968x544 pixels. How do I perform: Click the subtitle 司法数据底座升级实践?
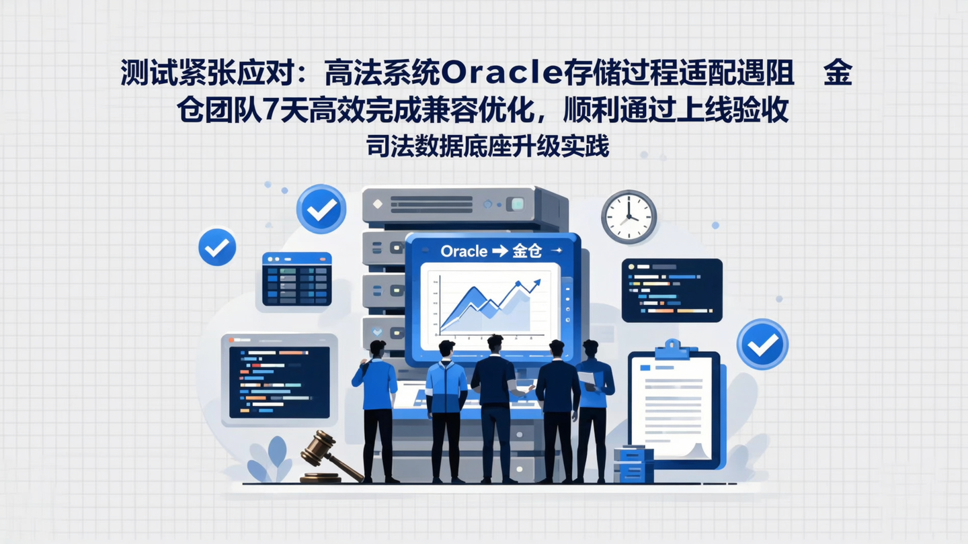click(x=487, y=146)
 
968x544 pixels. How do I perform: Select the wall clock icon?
click(x=629, y=217)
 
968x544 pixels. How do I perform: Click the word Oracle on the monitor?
click(x=464, y=251)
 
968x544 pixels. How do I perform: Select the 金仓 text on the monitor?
click(x=526, y=251)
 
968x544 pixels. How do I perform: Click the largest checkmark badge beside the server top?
click(x=321, y=210)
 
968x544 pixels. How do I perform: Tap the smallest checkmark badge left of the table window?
click(x=217, y=247)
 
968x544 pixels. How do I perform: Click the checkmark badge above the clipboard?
click(x=762, y=345)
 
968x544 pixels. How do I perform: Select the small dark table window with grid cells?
click(x=296, y=279)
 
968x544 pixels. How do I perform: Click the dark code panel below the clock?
click(x=672, y=290)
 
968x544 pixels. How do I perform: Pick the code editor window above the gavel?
click(x=279, y=380)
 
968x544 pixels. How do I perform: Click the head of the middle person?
click(x=495, y=343)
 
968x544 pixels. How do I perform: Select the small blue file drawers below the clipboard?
click(x=633, y=463)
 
